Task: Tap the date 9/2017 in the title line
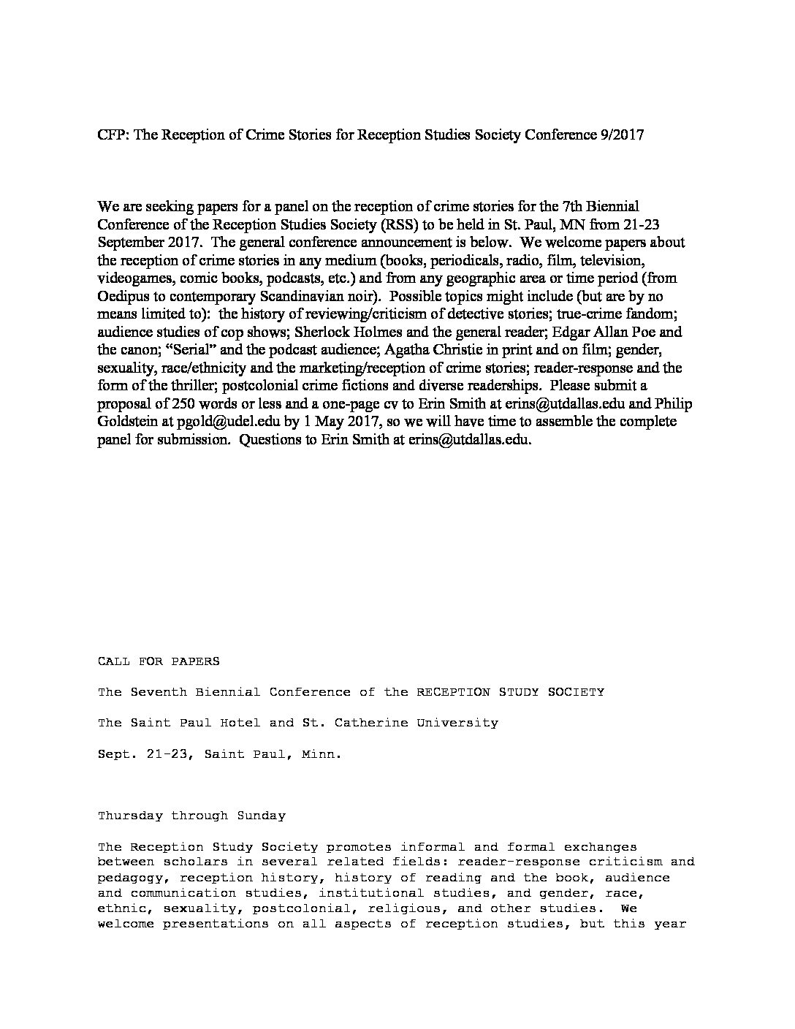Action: [620, 135]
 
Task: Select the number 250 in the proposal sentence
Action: [180, 403]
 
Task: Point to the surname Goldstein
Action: [126, 422]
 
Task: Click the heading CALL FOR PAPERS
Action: [159, 661]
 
